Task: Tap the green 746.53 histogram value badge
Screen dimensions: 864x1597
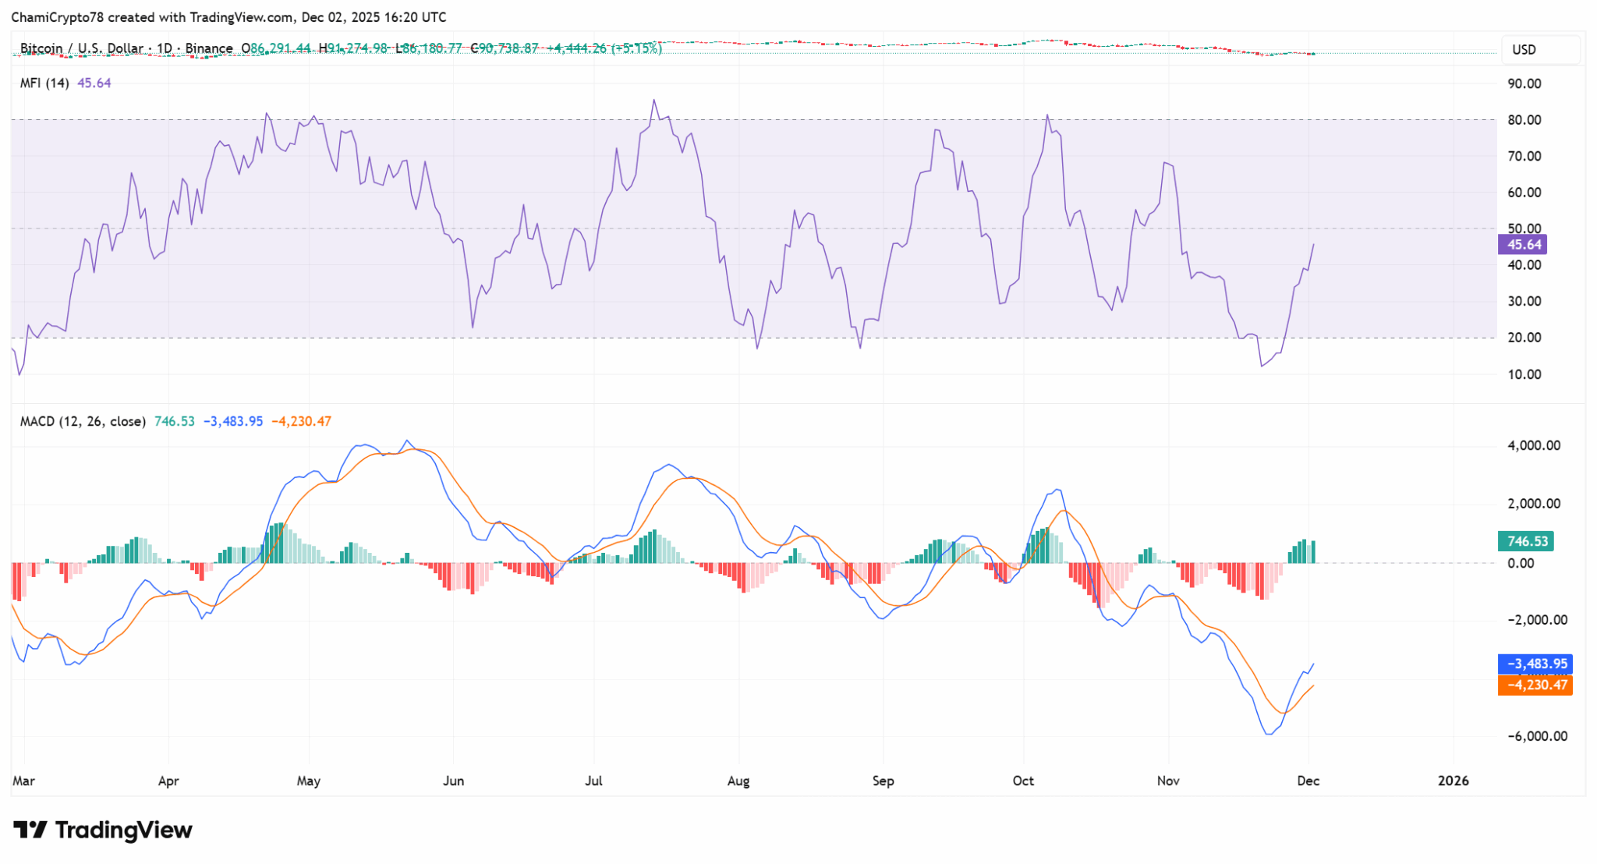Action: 1525,541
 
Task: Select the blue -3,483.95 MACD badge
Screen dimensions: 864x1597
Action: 1535,664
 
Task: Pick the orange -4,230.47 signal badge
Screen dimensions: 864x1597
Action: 1535,685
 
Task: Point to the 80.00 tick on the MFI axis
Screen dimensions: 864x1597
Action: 1524,120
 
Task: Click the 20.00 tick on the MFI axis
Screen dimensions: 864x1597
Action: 1524,338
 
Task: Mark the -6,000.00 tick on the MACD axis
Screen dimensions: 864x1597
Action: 1536,736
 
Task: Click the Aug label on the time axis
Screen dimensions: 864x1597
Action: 738,781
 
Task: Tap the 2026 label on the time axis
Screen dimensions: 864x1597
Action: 1453,781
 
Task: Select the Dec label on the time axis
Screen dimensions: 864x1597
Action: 1308,781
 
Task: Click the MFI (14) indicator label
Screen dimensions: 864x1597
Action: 44,83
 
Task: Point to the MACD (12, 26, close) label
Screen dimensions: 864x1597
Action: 83,422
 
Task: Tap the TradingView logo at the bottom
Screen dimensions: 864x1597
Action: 103,830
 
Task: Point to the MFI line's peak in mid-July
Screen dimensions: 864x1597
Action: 653,100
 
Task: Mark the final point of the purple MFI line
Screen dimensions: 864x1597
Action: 1314,244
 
